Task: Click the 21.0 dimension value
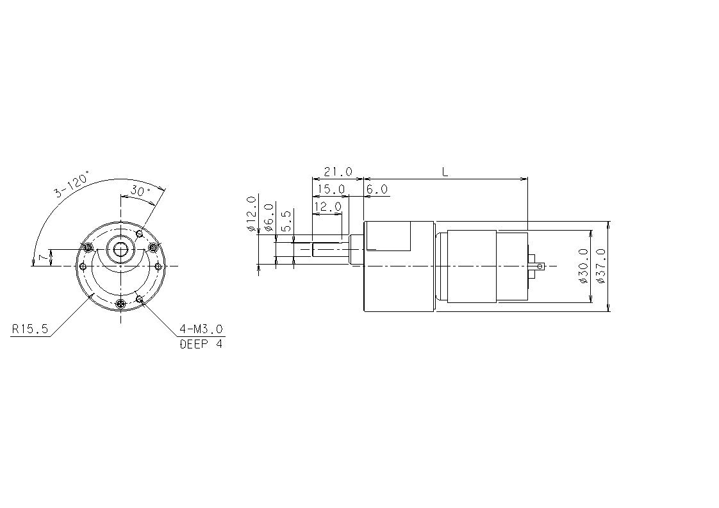[x=338, y=172]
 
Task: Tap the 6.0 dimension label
[x=377, y=190]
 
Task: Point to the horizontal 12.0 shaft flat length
[x=327, y=207]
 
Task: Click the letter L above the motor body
[x=445, y=172]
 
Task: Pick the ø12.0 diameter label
[x=251, y=214]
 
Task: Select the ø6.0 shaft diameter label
[x=269, y=217]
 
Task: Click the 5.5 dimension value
[x=286, y=221]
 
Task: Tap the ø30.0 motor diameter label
[x=583, y=266]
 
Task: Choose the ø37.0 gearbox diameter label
[x=601, y=266]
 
